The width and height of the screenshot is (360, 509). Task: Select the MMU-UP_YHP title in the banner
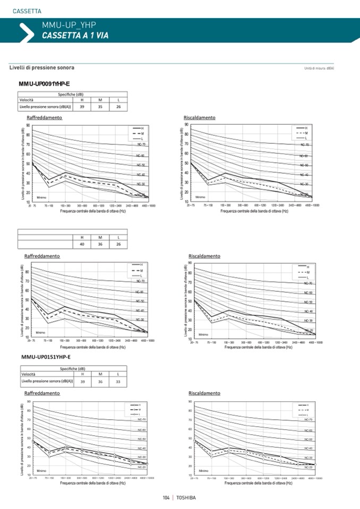tap(68, 24)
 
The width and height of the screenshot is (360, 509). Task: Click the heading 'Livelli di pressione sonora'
tap(42, 68)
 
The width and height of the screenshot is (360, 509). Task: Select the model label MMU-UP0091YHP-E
tap(44, 84)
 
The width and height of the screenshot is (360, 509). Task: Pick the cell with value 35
tap(100, 107)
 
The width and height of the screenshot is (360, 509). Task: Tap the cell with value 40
tap(82, 244)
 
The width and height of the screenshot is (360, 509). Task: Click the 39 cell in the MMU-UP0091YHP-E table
tap(82, 107)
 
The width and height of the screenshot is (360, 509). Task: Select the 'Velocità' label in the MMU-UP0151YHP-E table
tap(29, 375)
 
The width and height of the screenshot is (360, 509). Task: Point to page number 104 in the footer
tap(166, 497)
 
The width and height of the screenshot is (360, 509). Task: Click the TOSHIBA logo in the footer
tap(186, 497)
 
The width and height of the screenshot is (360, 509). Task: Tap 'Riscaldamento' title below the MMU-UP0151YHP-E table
tap(204, 393)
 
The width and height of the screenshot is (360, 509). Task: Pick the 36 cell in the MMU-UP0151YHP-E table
tap(100, 382)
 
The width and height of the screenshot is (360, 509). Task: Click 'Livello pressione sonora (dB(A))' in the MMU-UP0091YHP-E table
tap(45, 107)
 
